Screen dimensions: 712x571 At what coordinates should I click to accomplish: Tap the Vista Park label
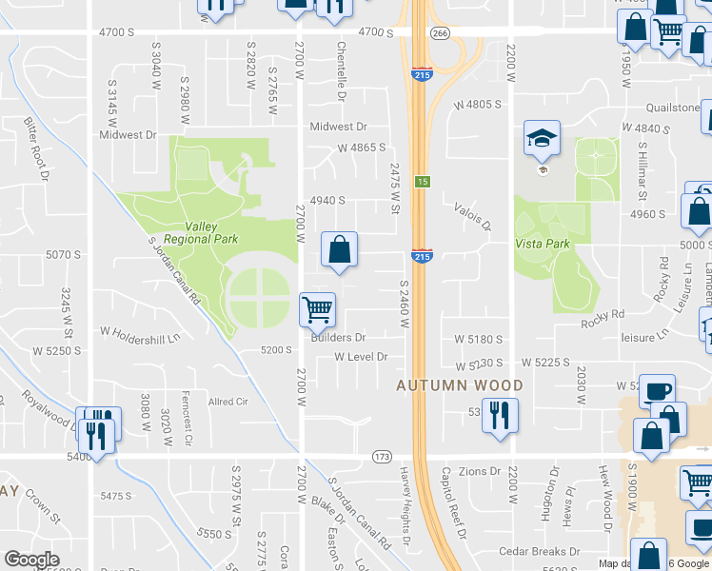542,244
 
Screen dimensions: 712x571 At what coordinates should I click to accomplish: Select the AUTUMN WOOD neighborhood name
461,385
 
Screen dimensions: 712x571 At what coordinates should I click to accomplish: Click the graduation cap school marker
542,142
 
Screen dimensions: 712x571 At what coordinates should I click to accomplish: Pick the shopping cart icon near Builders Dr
316,309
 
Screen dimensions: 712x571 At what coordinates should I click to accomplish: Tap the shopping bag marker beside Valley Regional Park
339,251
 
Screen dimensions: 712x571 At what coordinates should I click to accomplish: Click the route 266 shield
439,32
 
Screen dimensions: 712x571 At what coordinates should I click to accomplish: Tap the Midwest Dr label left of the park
128,135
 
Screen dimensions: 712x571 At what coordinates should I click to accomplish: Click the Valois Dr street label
472,216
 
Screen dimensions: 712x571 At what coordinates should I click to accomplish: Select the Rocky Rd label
603,313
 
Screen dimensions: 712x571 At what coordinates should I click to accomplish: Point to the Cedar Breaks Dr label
539,552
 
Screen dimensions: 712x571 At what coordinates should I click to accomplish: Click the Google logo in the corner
32,560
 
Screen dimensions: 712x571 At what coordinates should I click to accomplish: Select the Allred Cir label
227,402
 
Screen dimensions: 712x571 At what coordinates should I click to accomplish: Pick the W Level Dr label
362,357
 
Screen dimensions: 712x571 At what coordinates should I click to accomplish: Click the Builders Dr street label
338,338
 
